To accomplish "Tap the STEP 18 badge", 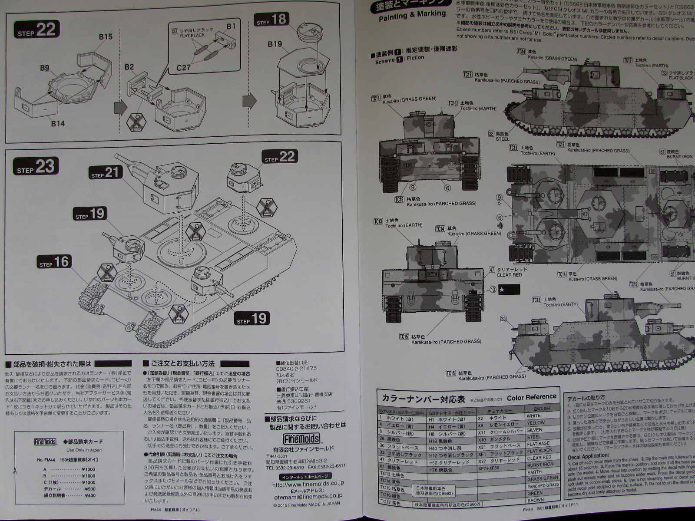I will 272,20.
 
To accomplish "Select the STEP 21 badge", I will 105,172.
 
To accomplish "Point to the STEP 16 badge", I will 54,262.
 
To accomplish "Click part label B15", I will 105,37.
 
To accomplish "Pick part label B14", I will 57,124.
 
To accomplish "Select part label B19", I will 275,44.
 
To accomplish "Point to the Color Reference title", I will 531,397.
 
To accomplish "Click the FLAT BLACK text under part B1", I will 191,35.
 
